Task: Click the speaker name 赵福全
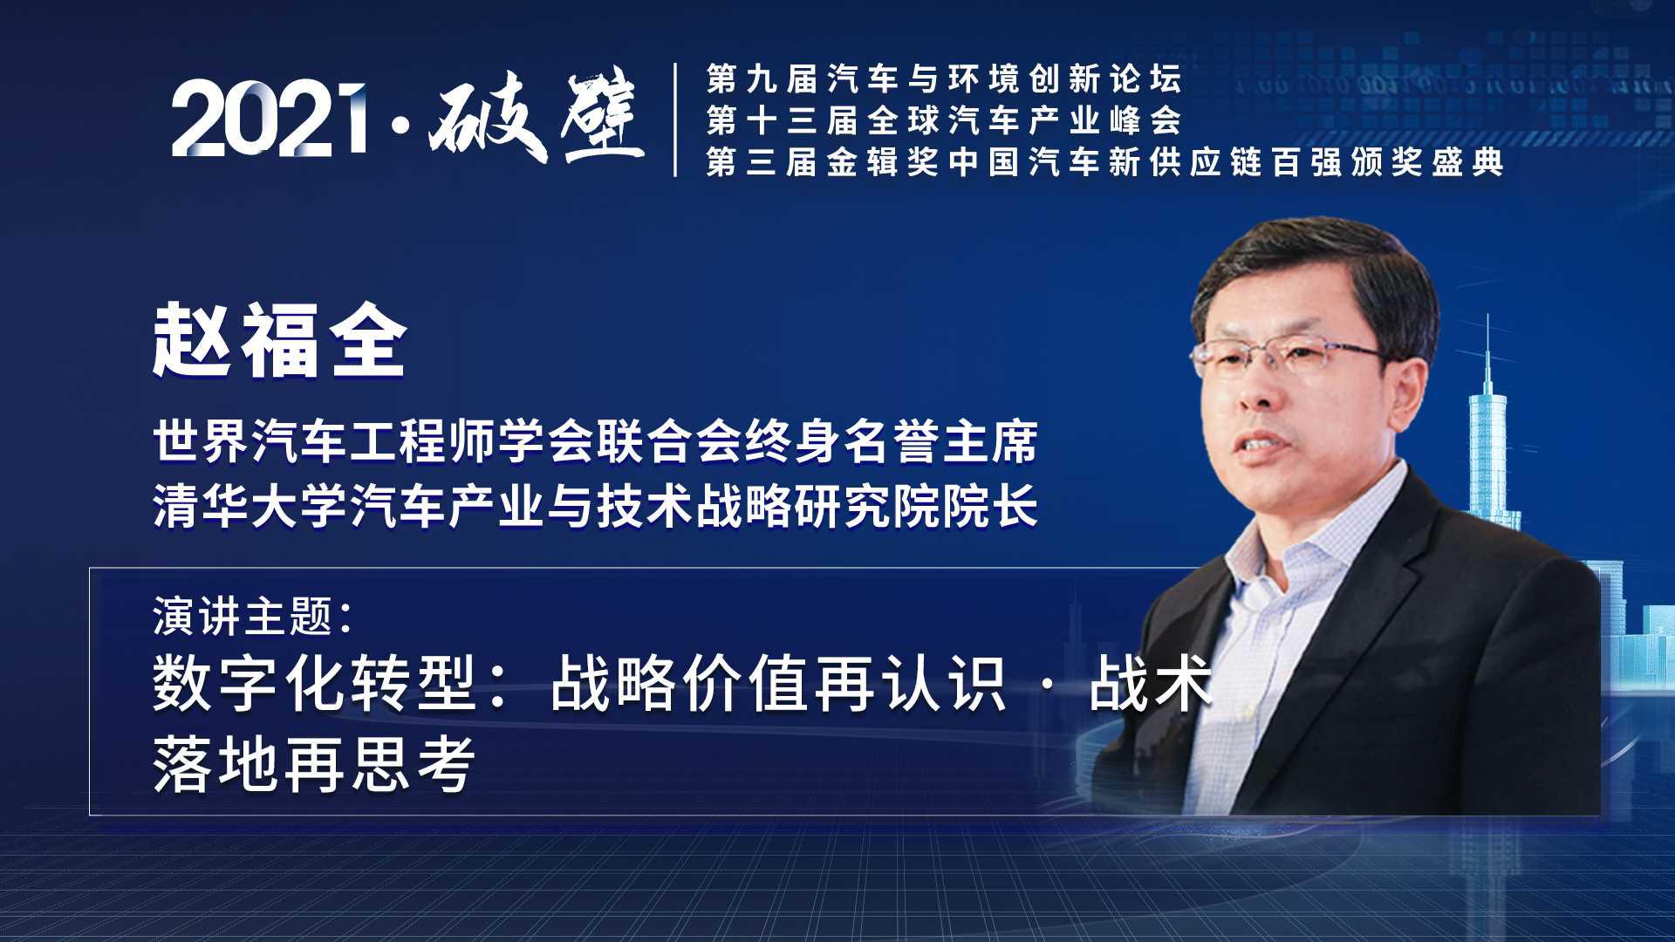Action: (280, 341)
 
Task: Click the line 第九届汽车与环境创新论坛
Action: (945, 79)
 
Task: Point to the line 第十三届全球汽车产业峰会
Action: (945, 120)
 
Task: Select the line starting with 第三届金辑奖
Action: (1105, 161)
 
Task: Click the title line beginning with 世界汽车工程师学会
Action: (595, 441)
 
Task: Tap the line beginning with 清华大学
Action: (595, 506)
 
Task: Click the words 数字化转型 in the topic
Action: (313, 683)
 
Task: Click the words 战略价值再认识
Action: (779, 683)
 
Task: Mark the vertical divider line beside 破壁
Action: (676, 119)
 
